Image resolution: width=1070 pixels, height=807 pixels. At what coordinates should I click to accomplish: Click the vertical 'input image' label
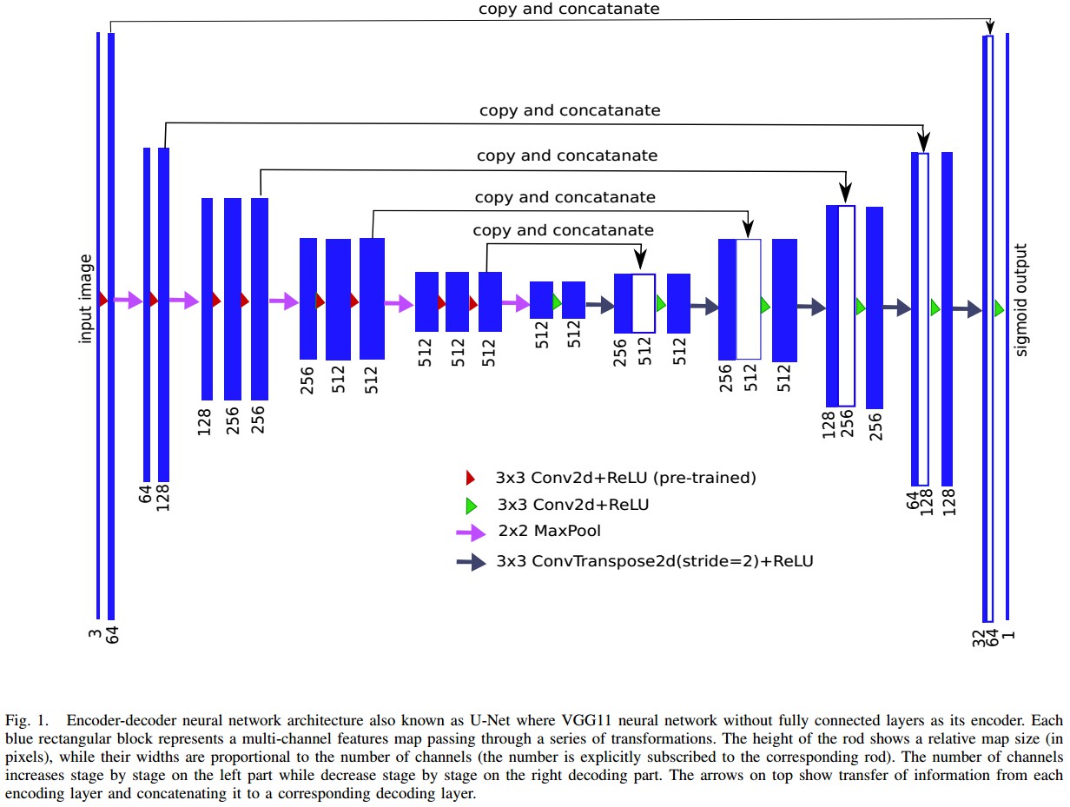pos(86,298)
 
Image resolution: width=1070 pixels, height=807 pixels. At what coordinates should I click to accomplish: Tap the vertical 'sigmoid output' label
pos(1021,300)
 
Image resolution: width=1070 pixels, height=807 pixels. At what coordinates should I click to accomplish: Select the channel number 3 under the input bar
pos(95,635)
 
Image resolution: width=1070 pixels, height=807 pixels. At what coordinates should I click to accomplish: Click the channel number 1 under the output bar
pos(1008,635)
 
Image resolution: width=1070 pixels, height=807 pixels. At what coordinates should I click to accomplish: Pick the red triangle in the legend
pos(470,477)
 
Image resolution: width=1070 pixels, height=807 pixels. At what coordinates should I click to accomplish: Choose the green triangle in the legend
pos(471,505)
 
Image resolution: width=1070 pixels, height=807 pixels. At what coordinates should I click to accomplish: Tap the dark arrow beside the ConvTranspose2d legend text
pos(471,562)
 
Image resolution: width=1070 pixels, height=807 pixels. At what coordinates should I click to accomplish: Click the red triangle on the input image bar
pos(103,300)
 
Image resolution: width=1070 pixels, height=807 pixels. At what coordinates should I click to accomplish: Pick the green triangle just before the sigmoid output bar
pos(999,308)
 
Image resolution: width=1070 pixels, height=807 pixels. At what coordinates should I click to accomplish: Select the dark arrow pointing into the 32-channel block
pos(966,308)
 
